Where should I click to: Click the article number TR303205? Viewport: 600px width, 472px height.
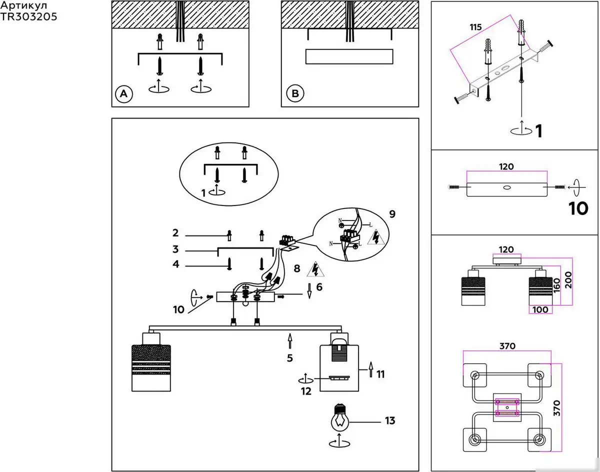(x=28, y=16)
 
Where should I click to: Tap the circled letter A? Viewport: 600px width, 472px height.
(x=124, y=93)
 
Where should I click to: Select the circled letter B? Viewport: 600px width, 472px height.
(x=295, y=93)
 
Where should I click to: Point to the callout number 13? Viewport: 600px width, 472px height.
(x=390, y=420)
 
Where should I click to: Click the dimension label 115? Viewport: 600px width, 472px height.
(x=475, y=27)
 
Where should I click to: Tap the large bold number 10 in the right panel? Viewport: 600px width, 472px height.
(x=578, y=208)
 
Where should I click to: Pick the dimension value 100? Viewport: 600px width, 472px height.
(x=540, y=309)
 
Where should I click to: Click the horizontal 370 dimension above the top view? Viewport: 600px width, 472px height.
(x=507, y=346)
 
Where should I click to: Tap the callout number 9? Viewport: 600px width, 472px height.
(x=392, y=214)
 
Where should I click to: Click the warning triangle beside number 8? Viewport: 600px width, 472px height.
(x=315, y=269)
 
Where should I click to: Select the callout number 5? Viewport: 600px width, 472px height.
(x=290, y=358)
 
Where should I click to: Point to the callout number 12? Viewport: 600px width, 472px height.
(x=306, y=391)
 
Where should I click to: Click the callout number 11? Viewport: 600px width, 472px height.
(x=380, y=374)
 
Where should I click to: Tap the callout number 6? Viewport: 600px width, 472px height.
(x=319, y=287)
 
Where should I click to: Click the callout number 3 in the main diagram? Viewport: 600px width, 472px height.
(x=175, y=249)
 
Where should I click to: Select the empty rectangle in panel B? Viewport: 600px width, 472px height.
(x=349, y=56)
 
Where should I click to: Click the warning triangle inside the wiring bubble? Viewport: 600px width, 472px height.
(x=376, y=237)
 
